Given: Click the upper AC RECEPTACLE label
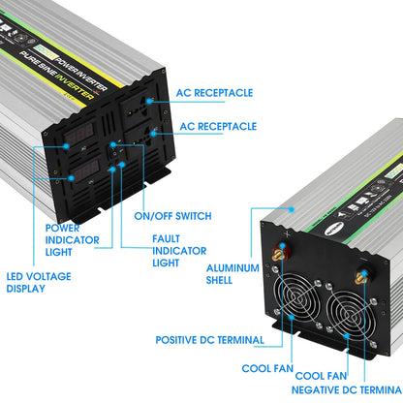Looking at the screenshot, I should (x=216, y=93).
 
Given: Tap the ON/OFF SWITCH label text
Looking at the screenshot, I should (x=173, y=215).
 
